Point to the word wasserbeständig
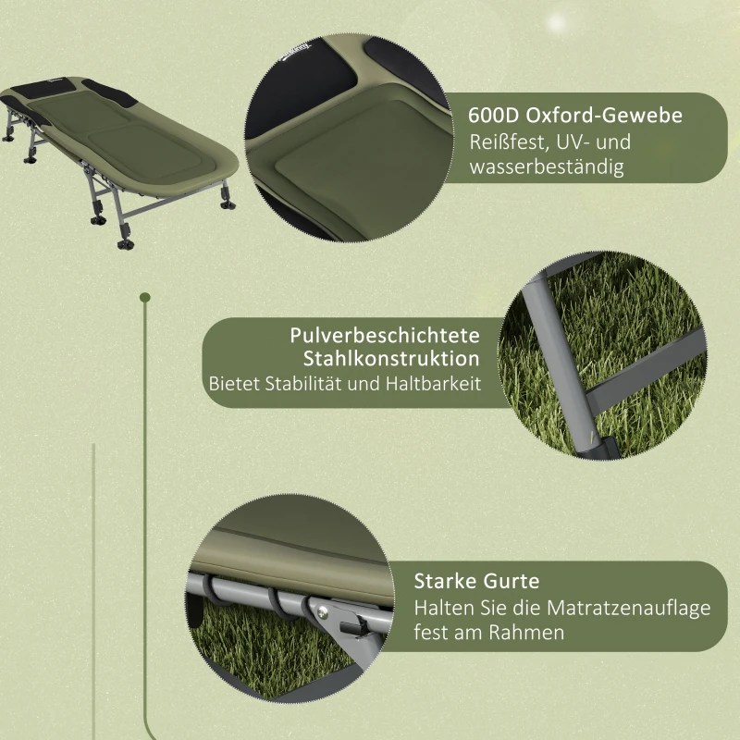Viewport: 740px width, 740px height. tap(547, 167)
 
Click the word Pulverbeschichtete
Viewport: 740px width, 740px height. tap(385, 335)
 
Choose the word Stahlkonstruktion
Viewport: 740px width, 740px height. tap(391, 359)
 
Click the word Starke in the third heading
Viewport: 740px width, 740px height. tap(448, 582)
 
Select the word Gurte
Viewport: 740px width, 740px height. tap(515, 582)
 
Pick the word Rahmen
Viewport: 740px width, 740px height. tap(532, 633)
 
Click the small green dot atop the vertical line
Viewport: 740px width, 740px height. tap(144, 298)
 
